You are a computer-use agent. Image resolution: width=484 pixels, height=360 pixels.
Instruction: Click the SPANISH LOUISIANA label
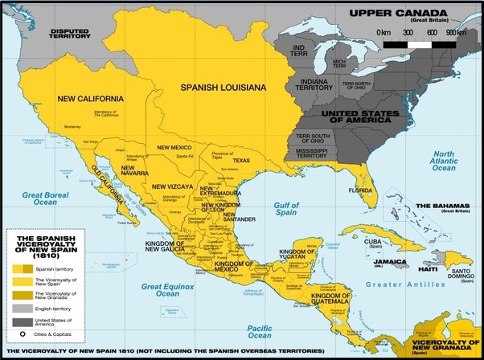click(x=222, y=86)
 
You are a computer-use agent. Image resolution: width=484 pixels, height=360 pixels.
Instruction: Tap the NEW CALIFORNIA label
click(x=91, y=98)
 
